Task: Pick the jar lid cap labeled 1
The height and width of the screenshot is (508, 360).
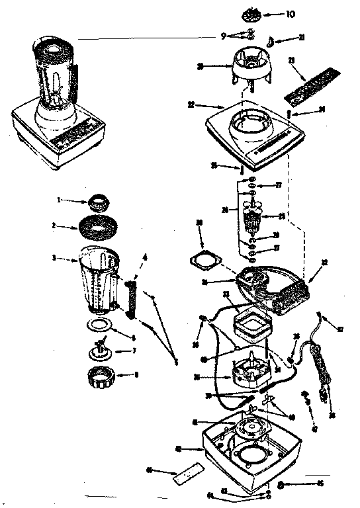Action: click(x=99, y=201)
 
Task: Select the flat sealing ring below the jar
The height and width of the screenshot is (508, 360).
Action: click(x=99, y=326)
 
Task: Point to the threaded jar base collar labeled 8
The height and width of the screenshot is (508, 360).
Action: click(x=101, y=380)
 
